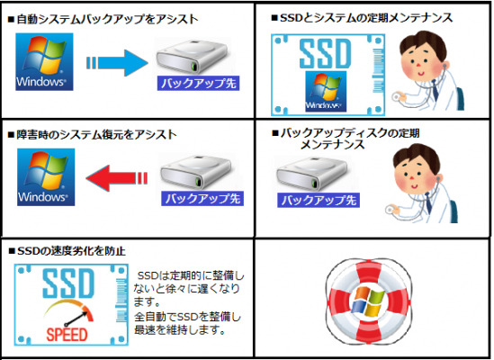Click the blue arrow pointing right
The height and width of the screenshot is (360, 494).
tap(117, 63)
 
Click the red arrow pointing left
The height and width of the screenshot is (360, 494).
tap(117, 178)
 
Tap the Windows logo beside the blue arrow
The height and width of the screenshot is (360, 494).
tap(44, 62)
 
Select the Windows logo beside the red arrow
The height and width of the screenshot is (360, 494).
tap(46, 177)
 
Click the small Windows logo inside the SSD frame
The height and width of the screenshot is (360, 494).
tap(326, 92)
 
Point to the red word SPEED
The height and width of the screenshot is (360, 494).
tap(67, 335)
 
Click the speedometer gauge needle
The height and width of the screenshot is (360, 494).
tap(76, 319)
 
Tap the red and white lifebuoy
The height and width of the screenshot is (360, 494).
tap(369, 301)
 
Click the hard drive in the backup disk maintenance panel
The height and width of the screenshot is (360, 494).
tap(312, 174)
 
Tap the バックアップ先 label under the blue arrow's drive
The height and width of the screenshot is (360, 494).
tap(199, 84)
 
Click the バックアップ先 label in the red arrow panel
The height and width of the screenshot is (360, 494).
tap(202, 199)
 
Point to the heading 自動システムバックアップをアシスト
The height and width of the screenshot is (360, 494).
tap(103, 19)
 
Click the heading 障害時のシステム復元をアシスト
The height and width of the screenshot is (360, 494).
tap(92, 135)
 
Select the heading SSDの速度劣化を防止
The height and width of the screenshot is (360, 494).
tap(67, 251)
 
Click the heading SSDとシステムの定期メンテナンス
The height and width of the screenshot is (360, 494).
tap(363, 18)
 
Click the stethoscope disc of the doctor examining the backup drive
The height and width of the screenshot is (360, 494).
tap(391, 211)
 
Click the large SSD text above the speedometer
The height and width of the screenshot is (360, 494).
tap(68, 283)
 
